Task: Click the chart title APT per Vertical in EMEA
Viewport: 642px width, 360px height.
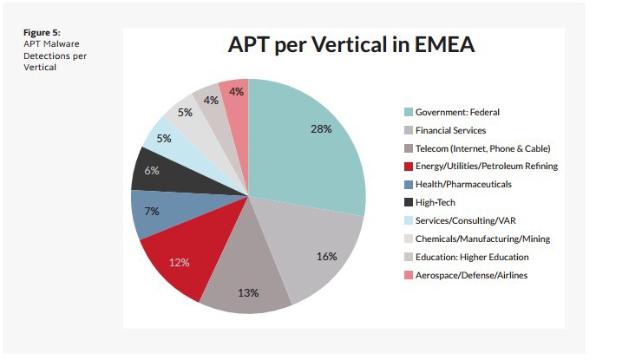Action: coord(350,44)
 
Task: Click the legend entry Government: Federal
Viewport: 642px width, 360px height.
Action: coord(457,112)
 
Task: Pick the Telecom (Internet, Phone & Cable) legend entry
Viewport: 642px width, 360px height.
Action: coord(482,148)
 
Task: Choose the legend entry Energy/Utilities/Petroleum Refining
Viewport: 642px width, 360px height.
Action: coord(486,166)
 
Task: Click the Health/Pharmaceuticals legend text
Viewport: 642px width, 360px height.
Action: coord(463,184)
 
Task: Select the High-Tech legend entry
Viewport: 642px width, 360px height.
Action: coord(436,202)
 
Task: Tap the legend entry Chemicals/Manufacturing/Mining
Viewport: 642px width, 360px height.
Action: coord(482,239)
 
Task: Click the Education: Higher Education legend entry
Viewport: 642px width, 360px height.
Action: coord(472,257)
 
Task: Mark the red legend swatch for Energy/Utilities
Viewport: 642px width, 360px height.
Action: coord(408,166)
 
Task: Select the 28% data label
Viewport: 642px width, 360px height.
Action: coord(321,128)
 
